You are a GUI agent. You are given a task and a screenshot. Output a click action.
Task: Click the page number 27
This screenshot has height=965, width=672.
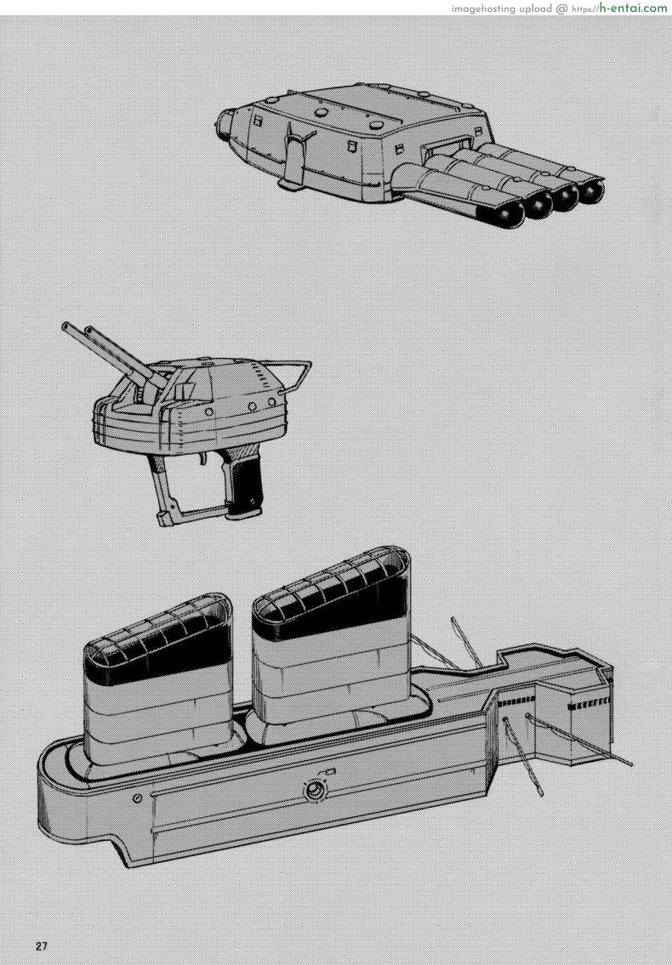[x=42, y=946]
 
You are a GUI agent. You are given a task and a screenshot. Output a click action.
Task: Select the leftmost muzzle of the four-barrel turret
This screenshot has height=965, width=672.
[x=510, y=214]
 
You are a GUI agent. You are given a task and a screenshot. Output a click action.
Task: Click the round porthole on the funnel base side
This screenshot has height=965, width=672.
[x=316, y=792]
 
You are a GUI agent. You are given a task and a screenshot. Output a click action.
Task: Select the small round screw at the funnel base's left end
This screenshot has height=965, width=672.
[x=138, y=798]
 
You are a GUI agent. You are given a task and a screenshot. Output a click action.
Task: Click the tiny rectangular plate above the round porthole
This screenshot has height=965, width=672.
[x=330, y=771]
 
